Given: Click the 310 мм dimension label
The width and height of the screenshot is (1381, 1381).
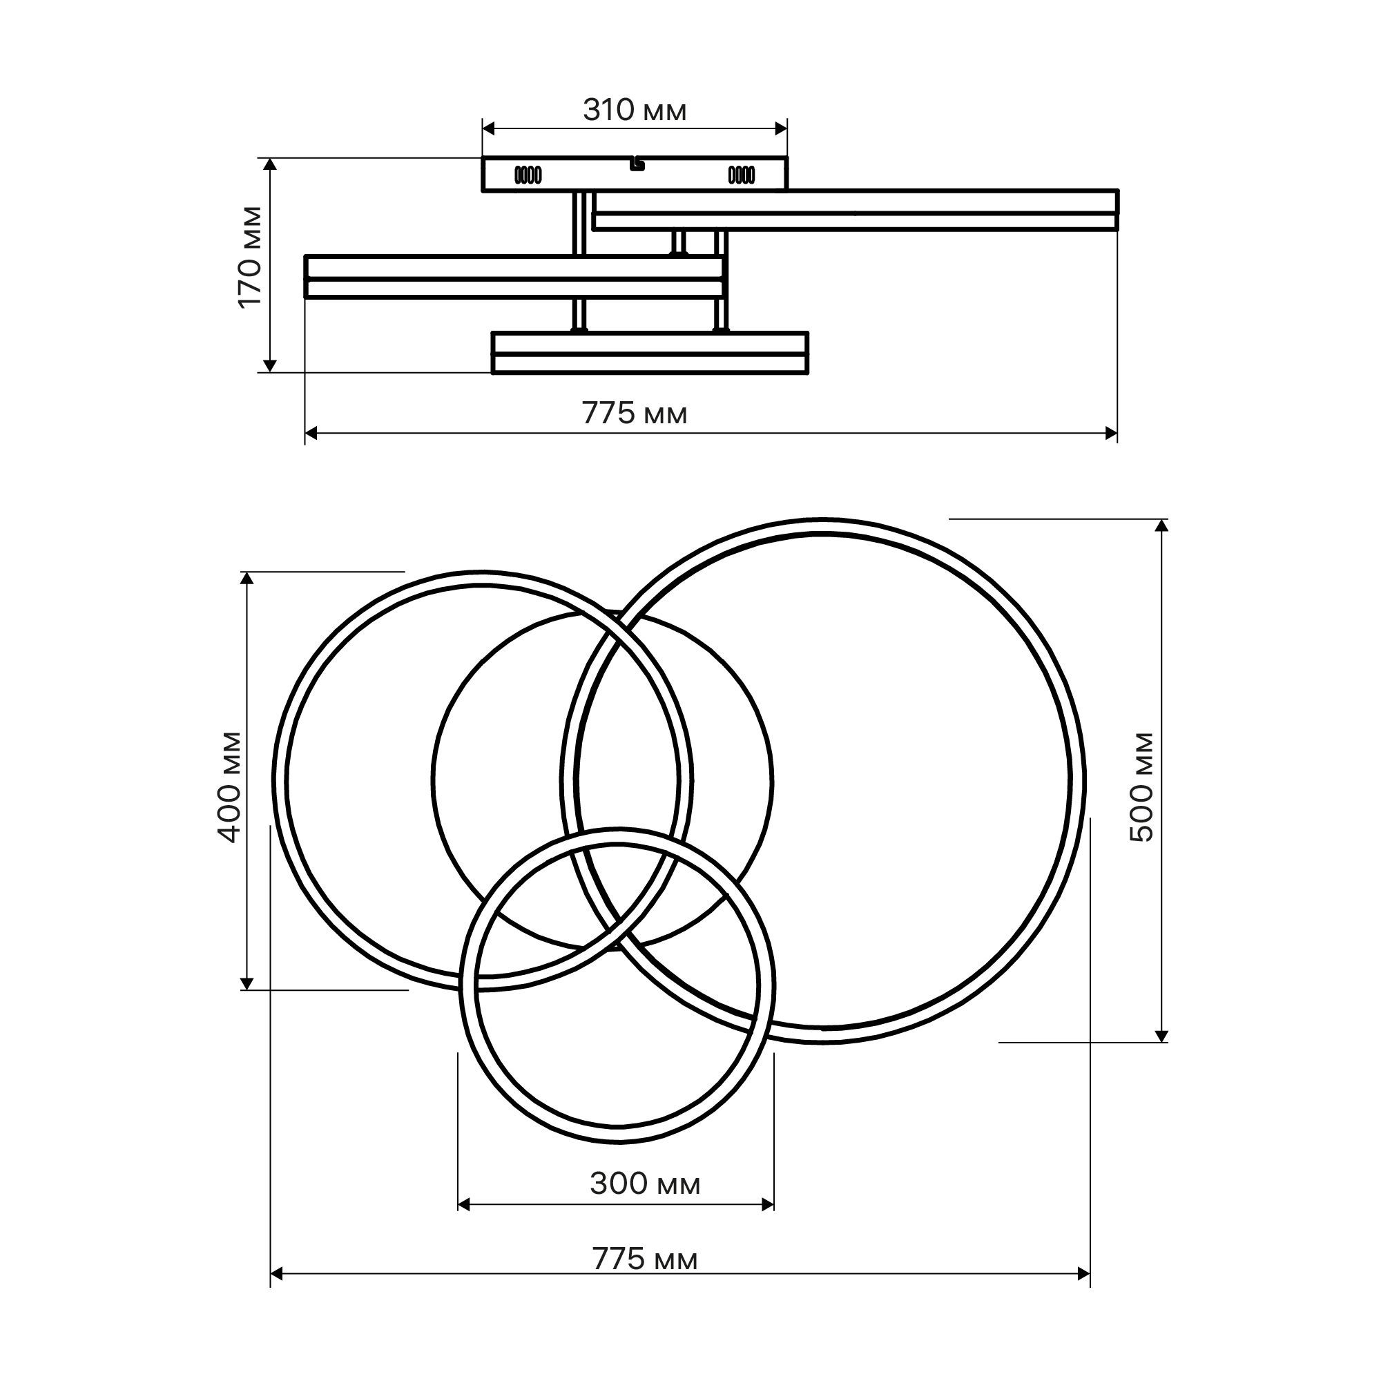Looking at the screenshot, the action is [635, 110].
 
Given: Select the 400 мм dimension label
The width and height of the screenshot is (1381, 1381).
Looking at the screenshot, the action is [229, 786].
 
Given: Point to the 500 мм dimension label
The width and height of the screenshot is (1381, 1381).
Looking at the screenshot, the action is [1141, 786].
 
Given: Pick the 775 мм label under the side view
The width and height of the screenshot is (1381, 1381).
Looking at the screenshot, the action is [635, 413].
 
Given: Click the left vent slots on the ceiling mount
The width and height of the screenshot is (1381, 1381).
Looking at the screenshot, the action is [529, 175].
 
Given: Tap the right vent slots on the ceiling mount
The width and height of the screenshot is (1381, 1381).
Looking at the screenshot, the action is [740, 175].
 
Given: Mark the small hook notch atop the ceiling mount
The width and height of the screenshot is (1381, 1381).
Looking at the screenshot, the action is [636, 165].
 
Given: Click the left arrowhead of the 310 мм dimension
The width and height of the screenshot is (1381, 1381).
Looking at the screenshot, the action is [489, 128].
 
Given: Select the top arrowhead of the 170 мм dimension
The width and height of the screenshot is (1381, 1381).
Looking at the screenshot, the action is [269, 164].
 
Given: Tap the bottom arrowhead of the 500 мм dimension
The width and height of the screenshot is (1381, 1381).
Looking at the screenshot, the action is [1161, 1036].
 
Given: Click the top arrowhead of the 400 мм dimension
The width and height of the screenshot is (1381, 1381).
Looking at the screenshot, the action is [247, 579].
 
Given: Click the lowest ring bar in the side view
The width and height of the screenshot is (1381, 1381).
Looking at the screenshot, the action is [650, 352].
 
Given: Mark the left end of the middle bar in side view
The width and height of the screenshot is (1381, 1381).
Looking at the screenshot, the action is [306, 276].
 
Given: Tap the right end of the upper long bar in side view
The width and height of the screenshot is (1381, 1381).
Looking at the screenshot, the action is [1117, 210].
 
